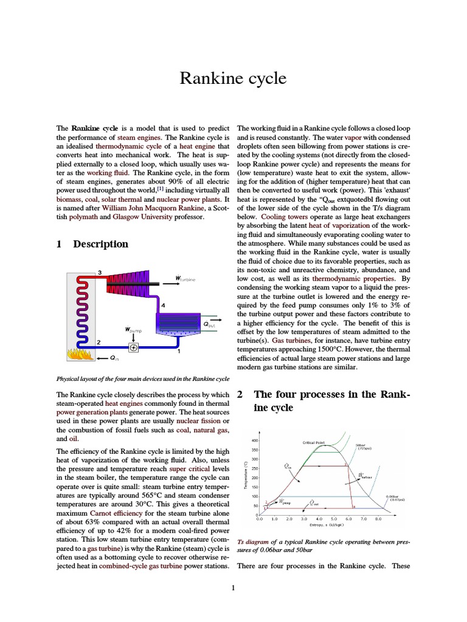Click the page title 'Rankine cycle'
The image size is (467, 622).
[233, 79]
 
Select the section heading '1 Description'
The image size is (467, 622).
[92, 244]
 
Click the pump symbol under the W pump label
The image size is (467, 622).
[133, 347]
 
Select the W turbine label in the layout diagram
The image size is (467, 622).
[185, 279]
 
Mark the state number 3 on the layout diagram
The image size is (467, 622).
[99, 271]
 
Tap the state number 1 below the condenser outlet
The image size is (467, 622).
[178, 352]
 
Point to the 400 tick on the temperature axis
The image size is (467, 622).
[255, 440]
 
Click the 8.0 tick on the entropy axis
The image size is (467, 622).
[378, 519]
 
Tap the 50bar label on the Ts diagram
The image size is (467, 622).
[359, 445]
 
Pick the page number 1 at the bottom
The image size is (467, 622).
[233, 587]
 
